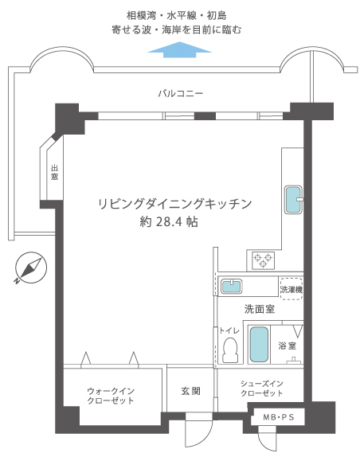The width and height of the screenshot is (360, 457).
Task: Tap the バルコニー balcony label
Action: pos(180,94)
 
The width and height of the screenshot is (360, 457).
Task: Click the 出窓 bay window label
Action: pos(54,172)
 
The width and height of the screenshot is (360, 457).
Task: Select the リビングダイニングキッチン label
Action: pos(174,203)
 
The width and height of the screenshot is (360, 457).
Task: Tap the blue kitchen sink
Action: pos(294,200)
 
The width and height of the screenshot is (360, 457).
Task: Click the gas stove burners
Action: pos(262,258)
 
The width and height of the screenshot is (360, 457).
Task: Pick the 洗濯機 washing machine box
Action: pos(291,288)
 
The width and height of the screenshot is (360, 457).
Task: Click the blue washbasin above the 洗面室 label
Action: pos(233,286)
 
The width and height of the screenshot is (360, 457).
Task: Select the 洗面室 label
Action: pos(259,309)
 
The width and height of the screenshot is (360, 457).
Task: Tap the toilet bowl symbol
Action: pos(231,348)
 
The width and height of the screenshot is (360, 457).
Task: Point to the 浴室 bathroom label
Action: pos(288,346)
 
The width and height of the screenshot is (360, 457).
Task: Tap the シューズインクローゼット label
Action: pos(262,389)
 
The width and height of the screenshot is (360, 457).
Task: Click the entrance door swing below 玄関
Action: pos(196,433)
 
